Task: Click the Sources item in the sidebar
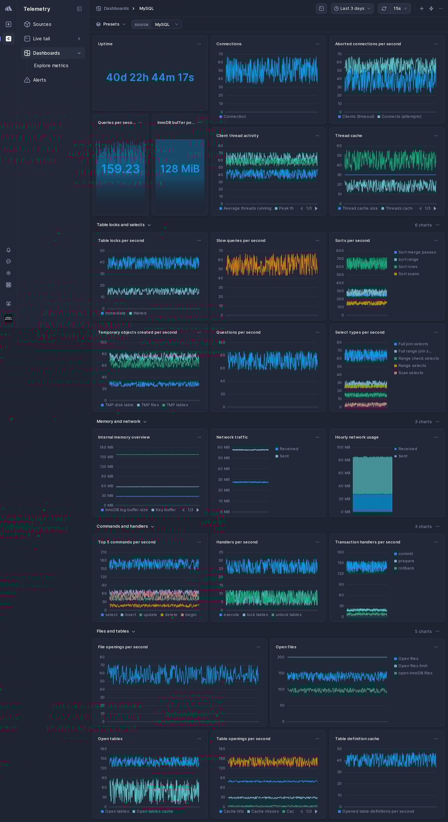pyautogui.click(x=42, y=24)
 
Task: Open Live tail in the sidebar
pyautogui.click(x=41, y=39)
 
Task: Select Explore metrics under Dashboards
pyautogui.click(x=51, y=65)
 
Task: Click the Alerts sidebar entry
pyautogui.click(x=39, y=80)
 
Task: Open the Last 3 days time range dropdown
pyautogui.click(x=352, y=8)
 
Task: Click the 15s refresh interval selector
pyautogui.click(x=400, y=8)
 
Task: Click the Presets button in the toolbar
pyautogui.click(x=111, y=24)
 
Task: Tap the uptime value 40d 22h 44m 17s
pyautogui.click(x=150, y=78)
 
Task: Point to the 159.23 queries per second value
pyautogui.click(x=120, y=169)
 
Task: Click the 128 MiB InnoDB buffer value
pyautogui.click(x=180, y=169)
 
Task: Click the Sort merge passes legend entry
pyautogui.click(x=417, y=252)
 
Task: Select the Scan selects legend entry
pyautogui.click(x=410, y=373)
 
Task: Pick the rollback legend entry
pyautogui.click(x=406, y=568)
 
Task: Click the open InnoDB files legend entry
pyautogui.click(x=415, y=673)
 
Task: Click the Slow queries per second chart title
pyautogui.click(x=240, y=241)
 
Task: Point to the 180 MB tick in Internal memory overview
pyautogui.click(x=107, y=447)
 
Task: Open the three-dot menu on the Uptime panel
pyautogui.click(x=199, y=44)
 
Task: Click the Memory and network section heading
pyautogui.click(x=118, y=422)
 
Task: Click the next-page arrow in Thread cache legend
pyautogui.click(x=435, y=209)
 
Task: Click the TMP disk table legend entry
pyautogui.click(x=119, y=405)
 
